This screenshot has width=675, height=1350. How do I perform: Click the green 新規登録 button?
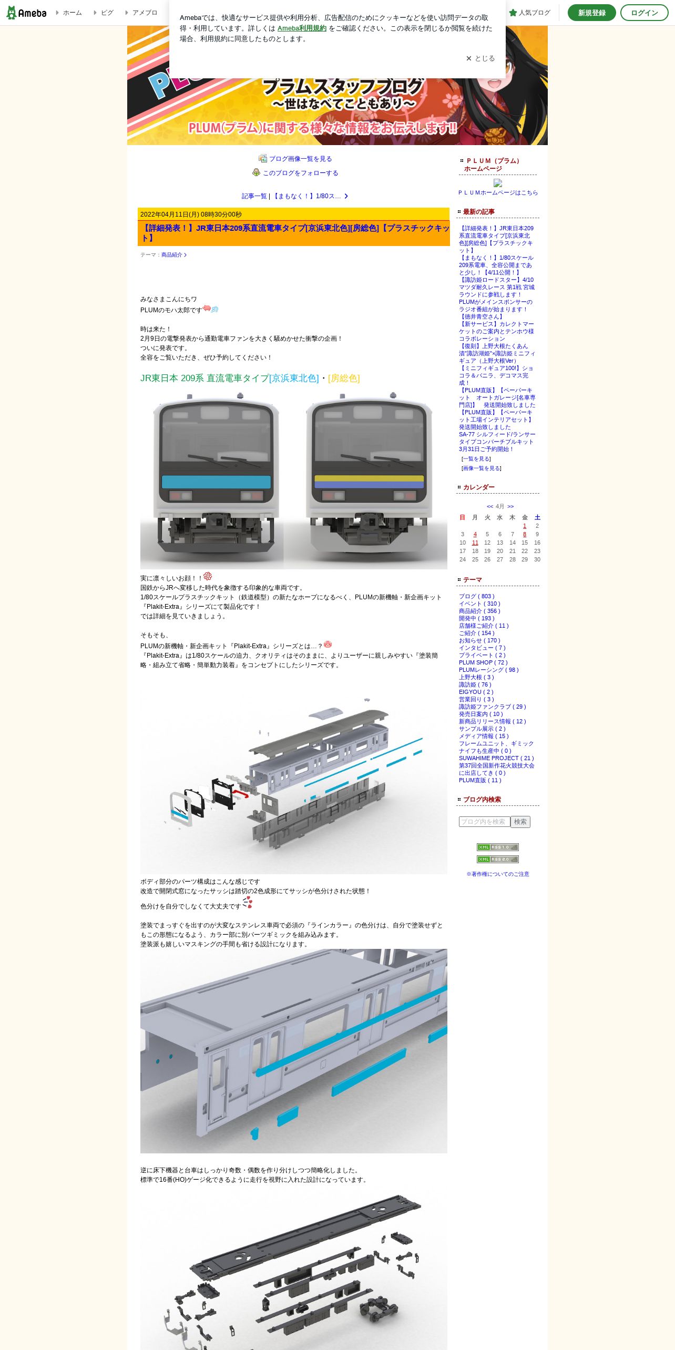click(x=591, y=13)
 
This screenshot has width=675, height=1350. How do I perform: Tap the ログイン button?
click(x=644, y=13)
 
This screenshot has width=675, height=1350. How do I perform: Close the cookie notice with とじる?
click(x=480, y=58)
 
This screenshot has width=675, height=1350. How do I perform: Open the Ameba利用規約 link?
click(x=302, y=28)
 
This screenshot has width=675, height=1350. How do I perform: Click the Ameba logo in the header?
click(x=26, y=13)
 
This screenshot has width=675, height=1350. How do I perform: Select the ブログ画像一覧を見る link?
click(x=300, y=159)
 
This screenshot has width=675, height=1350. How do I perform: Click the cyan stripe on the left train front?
click(x=216, y=482)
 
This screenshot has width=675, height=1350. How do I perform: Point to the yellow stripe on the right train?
click(x=369, y=478)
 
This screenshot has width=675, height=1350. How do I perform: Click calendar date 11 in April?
click(x=475, y=543)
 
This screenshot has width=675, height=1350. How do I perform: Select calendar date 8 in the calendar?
click(x=524, y=534)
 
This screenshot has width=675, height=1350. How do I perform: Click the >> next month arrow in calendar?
click(x=510, y=506)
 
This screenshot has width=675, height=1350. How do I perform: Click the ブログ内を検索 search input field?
click(x=484, y=822)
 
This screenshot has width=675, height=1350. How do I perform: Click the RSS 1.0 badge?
click(x=497, y=847)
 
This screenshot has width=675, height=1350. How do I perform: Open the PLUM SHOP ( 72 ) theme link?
click(x=483, y=662)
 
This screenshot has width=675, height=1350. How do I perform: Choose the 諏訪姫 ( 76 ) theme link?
click(x=475, y=684)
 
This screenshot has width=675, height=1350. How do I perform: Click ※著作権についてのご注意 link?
click(x=497, y=874)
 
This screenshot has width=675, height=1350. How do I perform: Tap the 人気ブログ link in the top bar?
click(x=529, y=13)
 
